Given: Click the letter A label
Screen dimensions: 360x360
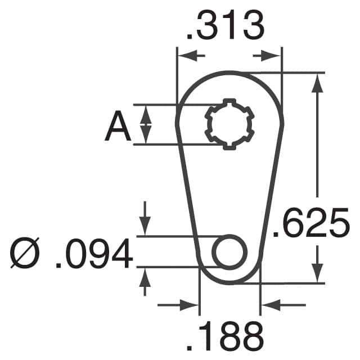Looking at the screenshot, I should coord(118,127).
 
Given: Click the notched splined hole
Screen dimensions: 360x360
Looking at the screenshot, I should coord(229,124).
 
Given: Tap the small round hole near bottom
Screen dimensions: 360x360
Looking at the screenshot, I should coord(229,251).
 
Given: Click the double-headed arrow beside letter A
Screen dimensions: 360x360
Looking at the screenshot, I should coord(145,124).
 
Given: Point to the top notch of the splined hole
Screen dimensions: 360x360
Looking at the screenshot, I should coord(228,102).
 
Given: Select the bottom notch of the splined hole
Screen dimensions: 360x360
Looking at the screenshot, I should coord(229,147).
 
